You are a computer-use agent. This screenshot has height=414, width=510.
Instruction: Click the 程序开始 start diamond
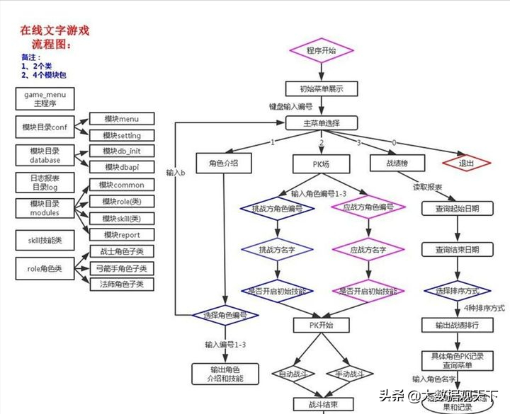point(322,50)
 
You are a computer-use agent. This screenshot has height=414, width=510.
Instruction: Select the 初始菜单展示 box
point(322,89)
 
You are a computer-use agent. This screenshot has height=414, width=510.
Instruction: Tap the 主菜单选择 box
point(322,123)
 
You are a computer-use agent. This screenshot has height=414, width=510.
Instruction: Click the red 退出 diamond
point(466,163)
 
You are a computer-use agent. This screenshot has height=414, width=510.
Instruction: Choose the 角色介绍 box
point(223,163)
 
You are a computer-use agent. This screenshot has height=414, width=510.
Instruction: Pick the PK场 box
point(322,163)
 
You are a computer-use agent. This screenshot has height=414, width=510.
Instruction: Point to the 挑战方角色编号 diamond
point(277,209)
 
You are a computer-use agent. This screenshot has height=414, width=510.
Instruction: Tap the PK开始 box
point(322,325)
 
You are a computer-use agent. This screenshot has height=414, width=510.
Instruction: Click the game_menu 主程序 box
point(45,98)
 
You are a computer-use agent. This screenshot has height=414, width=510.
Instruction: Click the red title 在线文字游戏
point(54,31)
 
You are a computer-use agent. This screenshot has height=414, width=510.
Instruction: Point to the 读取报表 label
point(428,188)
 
